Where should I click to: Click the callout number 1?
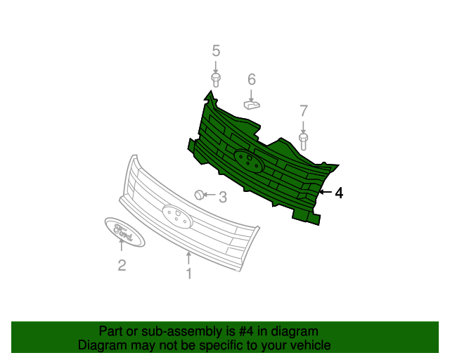(x=188, y=274)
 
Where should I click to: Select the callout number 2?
(x=122, y=265)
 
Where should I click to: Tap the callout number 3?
(x=222, y=198)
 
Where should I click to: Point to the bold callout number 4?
(x=339, y=193)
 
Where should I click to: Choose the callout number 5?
(x=216, y=51)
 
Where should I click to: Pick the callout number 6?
(x=251, y=79)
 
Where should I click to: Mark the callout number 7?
(x=304, y=110)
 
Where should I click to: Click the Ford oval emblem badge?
(x=124, y=232)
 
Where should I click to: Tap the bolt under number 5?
(x=216, y=78)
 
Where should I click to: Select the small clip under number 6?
(x=252, y=105)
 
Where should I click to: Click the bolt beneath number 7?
(x=304, y=140)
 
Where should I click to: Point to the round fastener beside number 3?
(x=200, y=195)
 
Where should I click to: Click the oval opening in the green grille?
(x=247, y=162)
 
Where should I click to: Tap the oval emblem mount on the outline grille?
(x=177, y=216)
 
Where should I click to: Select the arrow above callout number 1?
(x=188, y=257)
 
